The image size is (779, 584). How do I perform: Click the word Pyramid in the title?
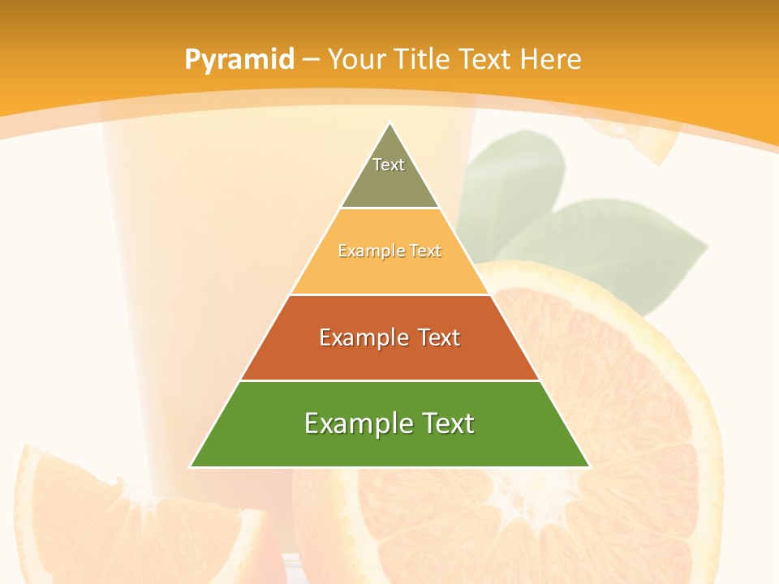(239, 59)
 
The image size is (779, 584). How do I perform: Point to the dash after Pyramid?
(311, 60)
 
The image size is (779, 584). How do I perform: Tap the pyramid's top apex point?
(390, 123)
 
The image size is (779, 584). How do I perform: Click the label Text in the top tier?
(389, 165)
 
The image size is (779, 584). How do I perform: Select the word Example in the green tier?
(351, 423)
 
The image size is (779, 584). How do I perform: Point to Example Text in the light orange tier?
(389, 251)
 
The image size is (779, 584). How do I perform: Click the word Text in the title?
(485, 59)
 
